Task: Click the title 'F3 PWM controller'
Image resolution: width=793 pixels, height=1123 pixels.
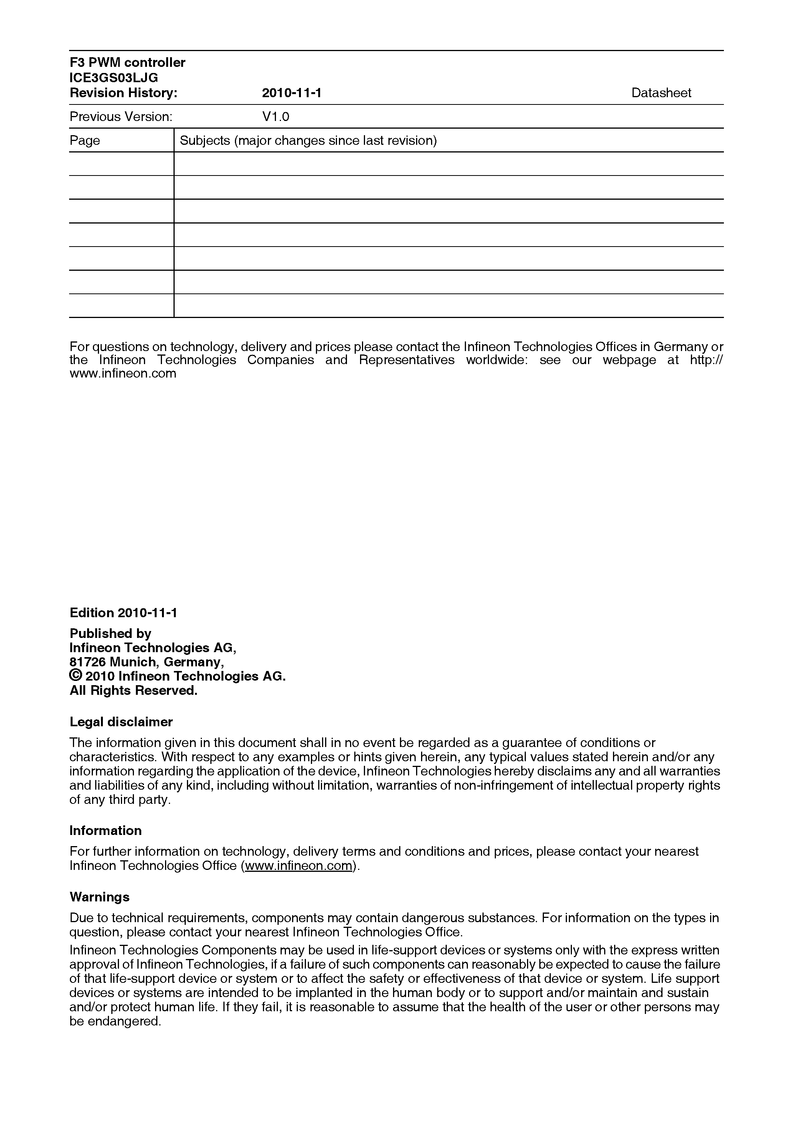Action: pos(127,63)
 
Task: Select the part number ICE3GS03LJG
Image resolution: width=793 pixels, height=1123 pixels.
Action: pos(114,78)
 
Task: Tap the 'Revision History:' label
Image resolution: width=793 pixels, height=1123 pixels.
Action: pos(123,93)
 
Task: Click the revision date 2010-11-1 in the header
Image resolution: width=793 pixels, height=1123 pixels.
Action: pos(291,93)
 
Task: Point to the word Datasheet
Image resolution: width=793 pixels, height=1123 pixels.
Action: pos(661,93)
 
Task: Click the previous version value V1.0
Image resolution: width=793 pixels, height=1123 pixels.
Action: pos(276,116)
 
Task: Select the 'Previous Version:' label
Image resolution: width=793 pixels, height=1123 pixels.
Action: pos(121,116)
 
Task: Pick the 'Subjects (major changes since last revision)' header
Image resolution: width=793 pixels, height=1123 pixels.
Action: pos(308,141)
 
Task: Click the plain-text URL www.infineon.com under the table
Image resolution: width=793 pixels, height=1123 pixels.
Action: pos(123,374)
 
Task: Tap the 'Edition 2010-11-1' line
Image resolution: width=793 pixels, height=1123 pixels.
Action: pos(123,613)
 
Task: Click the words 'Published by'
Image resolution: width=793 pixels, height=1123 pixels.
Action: pos(111,633)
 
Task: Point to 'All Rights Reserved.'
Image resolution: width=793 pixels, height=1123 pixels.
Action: pos(134,690)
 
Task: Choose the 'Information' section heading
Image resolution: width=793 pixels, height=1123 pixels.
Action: pos(106,830)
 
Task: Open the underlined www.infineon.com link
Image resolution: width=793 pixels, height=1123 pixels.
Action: pos(298,865)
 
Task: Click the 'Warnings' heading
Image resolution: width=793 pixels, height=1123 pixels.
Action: pos(99,896)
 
